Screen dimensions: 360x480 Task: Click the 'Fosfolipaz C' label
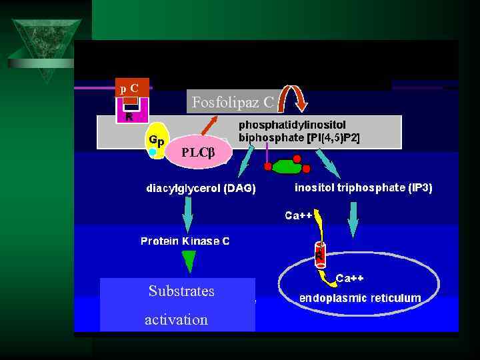(x=232, y=102)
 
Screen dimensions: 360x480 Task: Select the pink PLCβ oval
(x=199, y=152)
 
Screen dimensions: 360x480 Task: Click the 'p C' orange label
(x=131, y=87)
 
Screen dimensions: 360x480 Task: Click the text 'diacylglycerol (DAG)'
(x=201, y=188)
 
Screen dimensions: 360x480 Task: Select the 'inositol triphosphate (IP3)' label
(x=363, y=188)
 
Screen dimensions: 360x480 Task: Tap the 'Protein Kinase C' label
(x=185, y=241)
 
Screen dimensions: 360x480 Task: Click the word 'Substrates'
(x=181, y=291)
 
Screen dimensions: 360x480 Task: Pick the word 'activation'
(x=176, y=319)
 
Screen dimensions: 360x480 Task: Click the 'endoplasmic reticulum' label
(x=360, y=298)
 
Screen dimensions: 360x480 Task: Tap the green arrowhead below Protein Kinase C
(x=189, y=261)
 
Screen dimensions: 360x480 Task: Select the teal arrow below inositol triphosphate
(x=353, y=220)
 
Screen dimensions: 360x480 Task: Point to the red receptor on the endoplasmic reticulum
(x=319, y=252)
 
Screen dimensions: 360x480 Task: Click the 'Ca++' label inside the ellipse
(x=350, y=277)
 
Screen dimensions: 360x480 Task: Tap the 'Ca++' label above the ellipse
(x=299, y=215)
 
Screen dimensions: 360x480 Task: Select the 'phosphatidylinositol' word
(x=292, y=125)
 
